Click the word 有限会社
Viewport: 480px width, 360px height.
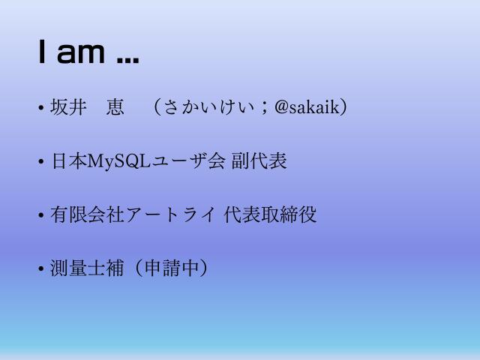tap(79, 215)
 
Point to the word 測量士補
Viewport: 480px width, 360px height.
tap(79, 268)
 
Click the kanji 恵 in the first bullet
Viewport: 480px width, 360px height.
tap(115, 107)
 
